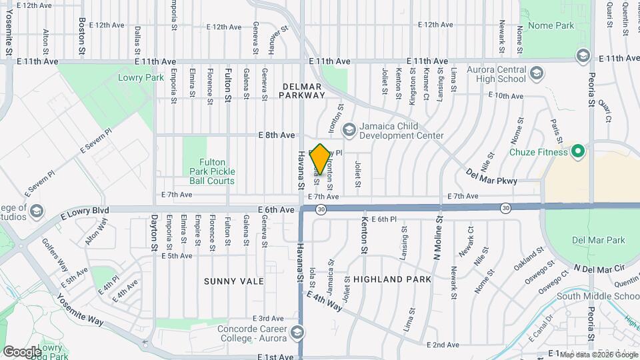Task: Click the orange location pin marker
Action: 320,159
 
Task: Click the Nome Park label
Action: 551,25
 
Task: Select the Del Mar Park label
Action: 598,239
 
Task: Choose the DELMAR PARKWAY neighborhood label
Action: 303,91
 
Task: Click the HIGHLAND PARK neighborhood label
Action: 392,279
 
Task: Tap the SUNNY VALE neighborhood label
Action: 234,281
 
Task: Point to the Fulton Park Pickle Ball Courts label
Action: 216,171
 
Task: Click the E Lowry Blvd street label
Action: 85,213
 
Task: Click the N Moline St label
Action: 438,237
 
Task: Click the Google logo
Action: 22,351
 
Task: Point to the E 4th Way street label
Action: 325,301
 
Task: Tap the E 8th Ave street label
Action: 277,135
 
